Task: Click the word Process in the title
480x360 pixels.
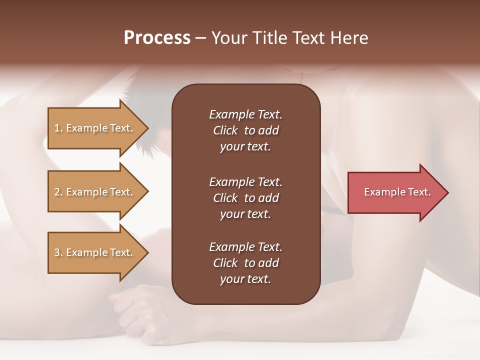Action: pos(157,38)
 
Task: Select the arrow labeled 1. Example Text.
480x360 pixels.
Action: pos(95,128)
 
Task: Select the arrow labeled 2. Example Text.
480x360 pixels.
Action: pos(95,192)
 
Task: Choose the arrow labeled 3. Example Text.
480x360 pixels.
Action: pos(95,252)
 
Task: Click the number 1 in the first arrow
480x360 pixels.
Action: pos(57,128)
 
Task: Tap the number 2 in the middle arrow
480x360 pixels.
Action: pos(57,192)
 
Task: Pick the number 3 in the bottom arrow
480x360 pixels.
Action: pos(57,252)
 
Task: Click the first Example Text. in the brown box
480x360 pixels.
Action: pos(245,114)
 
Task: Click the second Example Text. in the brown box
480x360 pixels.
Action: pos(245,181)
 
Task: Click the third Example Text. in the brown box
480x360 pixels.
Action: pos(245,246)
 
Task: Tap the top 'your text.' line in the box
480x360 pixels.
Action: pos(245,147)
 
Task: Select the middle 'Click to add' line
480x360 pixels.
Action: pos(245,198)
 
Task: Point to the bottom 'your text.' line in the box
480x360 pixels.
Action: pos(245,279)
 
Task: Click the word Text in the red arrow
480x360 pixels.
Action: pos(419,192)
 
